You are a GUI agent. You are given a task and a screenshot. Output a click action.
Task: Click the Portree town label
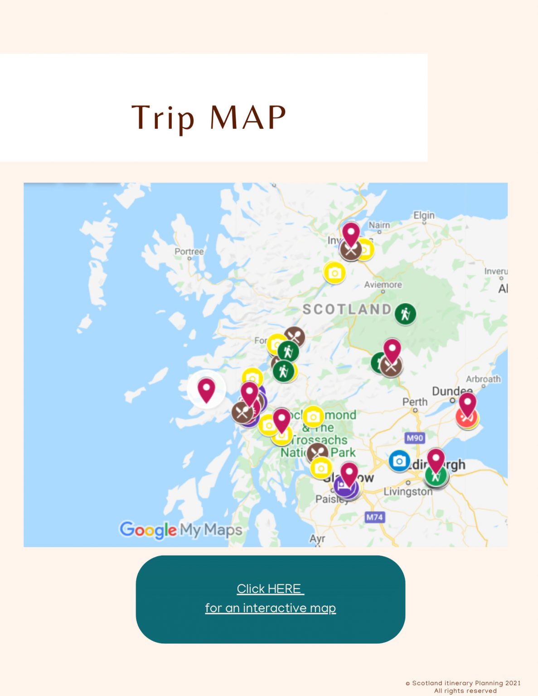[189, 251]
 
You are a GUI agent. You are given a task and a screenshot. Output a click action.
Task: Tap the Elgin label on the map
[424, 216]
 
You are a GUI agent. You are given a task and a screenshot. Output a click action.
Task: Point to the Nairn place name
[379, 225]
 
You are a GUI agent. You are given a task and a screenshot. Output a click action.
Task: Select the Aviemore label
[383, 285]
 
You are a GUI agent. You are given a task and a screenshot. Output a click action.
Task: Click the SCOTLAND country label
[347, 309]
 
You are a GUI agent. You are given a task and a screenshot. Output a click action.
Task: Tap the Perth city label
[415, 402]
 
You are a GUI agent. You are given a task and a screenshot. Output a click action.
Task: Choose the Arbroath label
[483, 379]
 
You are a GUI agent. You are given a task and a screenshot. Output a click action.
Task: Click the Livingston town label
[408, 492]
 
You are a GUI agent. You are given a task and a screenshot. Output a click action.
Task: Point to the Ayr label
[317, 538]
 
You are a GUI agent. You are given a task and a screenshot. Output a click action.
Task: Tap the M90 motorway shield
[415, 438]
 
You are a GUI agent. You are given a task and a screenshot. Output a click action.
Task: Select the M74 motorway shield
[374, 517]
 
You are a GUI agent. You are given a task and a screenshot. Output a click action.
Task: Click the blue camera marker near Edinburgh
[399, 461]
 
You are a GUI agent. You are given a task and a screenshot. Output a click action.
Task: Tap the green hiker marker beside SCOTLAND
[405, 314]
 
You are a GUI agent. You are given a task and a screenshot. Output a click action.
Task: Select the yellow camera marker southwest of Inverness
[334, 273]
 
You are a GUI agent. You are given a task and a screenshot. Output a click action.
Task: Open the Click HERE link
[270, 589]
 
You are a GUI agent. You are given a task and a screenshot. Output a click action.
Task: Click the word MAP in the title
[248, 117]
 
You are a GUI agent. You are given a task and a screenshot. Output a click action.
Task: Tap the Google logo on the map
[148, 529]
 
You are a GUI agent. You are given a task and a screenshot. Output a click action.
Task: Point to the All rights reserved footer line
[465, 691]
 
